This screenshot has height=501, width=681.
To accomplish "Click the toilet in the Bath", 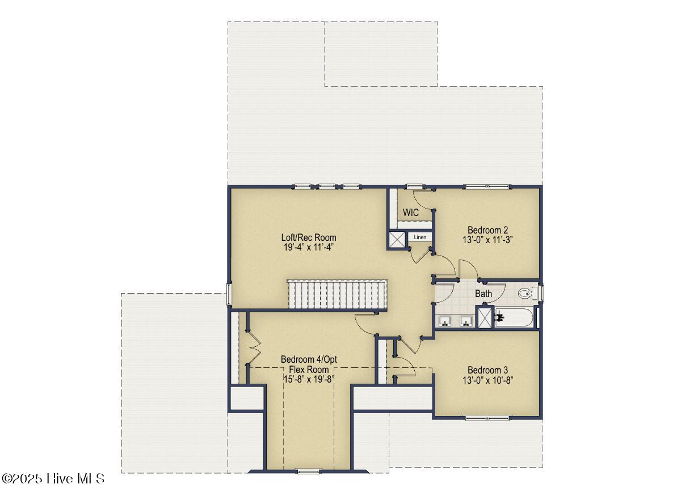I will pyautogui.click(x=526, y=293).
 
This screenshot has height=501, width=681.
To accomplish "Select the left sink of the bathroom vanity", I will pyautogui.click(x=445, y=321).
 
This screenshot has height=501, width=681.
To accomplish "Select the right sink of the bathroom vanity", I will pyautogui.click(x=466, y=321).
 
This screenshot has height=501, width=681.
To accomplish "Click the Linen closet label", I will pyautogui.click(x=420, y=237).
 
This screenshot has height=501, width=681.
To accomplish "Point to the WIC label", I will pyautogui.click(x=411, y=213).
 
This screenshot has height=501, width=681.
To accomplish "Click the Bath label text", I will pyautogui.click(x=484, y=294).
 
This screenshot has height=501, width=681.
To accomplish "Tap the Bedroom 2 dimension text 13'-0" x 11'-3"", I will pyautogui.click(x=487, y=240).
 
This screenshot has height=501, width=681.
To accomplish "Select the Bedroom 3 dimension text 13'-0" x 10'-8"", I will pyautogui.click(x=488, y=380).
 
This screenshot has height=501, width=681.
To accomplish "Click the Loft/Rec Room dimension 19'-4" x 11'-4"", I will pyautogui.click(x=309, y=247).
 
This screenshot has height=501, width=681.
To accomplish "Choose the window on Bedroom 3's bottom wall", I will pyautogui.click(x=487, y=418).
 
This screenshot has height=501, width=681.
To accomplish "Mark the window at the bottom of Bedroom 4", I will pyautogui.click(x=308, y=471).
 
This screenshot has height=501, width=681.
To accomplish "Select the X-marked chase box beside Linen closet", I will pyautogui.click(x=397, y=240).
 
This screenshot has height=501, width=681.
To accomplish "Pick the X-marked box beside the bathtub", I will pyautogui.click(x=485, y=317).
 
